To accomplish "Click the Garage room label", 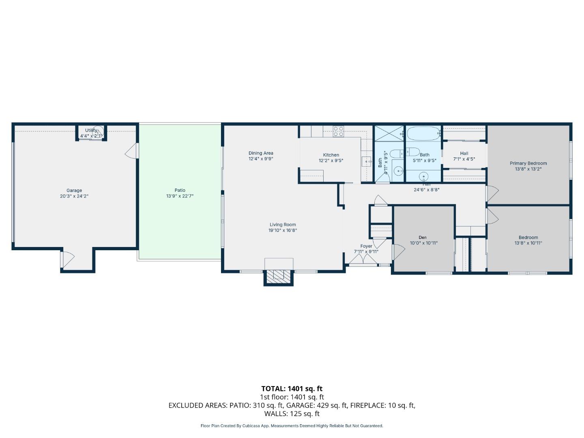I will coord(74,190).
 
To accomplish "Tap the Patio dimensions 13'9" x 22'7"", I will coord(180,196).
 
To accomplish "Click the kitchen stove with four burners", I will coord(338,131).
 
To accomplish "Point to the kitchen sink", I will coord(367,162).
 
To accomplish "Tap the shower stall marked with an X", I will coord(389,133).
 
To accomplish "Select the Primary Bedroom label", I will coord(528,163).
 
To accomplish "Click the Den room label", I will coord(423,238).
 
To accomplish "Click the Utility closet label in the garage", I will coord(91,131).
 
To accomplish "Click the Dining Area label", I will coord(261,153).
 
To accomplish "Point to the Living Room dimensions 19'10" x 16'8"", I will coord(283,230).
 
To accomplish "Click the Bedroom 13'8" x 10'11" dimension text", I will coord(528,243).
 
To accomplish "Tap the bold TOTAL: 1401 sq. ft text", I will coord(292,389).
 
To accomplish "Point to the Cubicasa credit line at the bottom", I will coord(292,426).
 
